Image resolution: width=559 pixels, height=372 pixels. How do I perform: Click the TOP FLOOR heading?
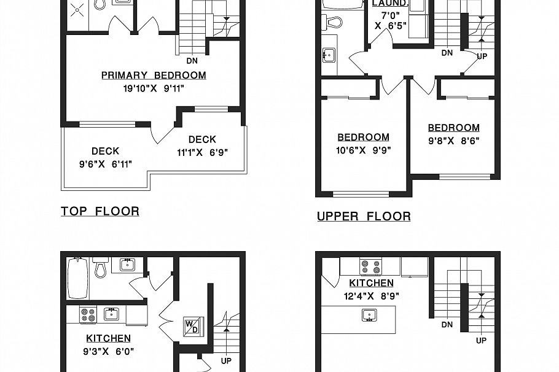pyautogui.click(x=100, y=211)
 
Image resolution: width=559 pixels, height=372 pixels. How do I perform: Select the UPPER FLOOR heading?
pyautogui.click(x=364, y=216)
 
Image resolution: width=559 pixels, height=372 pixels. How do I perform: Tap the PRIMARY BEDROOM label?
pyautogui.click(x=154, y=76)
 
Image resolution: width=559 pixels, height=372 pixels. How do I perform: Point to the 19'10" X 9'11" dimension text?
pyautogui.click(x=154, y=88)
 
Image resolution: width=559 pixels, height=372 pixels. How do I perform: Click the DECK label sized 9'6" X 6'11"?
pyautogui.click(x=105, y=151)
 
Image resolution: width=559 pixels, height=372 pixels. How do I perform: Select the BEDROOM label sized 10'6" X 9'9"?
pyautogui.click(x=363, y=138)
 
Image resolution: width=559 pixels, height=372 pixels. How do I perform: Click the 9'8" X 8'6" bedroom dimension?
pyautogui.click(x=453, y=141)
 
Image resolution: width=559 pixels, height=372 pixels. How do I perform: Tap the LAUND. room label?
pyautogui.click(x=390, y=3)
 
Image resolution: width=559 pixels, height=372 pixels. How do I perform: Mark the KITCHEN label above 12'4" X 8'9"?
pyautogui.click(x=371, y=283)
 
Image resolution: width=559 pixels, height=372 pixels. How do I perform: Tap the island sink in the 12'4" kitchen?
pyautogui.click(x=369, y=316)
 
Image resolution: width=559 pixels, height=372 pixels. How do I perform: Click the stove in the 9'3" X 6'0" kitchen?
pyautogui.click(x=88, y=315)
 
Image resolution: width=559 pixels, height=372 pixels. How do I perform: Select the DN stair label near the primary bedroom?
pyautogui.click(x=192, y=61)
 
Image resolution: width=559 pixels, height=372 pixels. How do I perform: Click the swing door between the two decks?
pyautogui.click(x=162, y=134)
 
